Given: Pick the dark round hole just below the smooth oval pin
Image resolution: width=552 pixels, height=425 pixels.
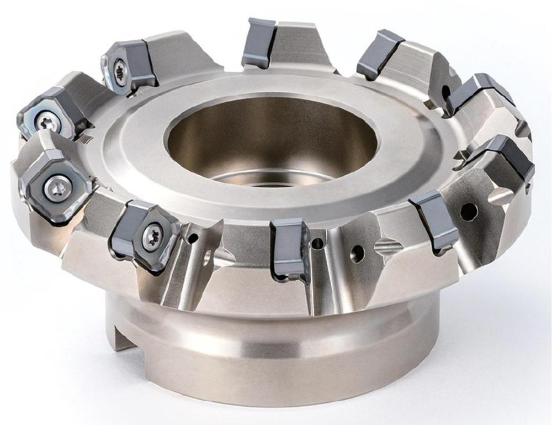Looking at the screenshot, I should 469,209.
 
